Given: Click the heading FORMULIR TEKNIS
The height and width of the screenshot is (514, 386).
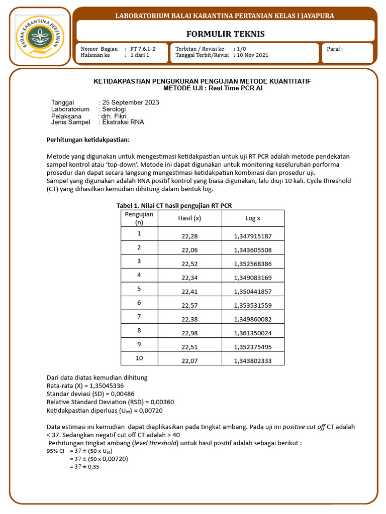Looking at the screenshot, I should pyautogui.click(x=225, y=34).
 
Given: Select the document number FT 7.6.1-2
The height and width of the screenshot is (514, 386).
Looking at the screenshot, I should pyautogui.click(x=143, y=49).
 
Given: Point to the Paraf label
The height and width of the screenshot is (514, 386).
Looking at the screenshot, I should pyautogui.click(x=335, y=49).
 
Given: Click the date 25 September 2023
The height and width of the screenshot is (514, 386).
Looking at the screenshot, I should pyautogui.click(x=131, y=102).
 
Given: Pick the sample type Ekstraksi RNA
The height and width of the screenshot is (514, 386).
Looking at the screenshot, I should pyautogui.click(x=123, y=122).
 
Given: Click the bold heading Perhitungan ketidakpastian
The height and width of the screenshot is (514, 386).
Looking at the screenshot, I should pyautogui.click(x=88, y=139).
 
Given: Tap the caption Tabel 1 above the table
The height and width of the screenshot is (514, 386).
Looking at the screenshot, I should pyautogui.click(x=174, y=205).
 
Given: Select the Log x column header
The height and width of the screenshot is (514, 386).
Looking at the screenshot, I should pyautogui.click(x=252, y=218).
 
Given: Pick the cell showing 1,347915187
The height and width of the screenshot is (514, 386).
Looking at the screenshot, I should pyautogui.click(x=252, y=236).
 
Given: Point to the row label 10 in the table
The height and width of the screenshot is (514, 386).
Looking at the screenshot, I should pyautogui.click(x=139, y=358).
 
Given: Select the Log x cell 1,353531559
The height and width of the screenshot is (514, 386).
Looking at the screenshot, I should pyautogui.click(x=252, y=305).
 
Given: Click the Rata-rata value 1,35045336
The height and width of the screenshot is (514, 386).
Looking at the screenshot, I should pyautogui.click(x=107, y=385).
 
